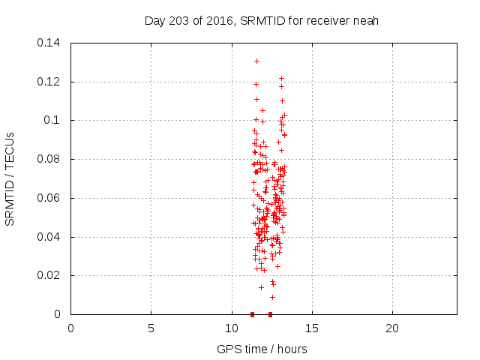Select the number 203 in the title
point(178,21)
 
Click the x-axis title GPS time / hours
point(262,349)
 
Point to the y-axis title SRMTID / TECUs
point(10,178)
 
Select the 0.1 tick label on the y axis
point(54,120)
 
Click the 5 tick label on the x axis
point(151,328)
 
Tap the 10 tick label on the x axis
point(231,328)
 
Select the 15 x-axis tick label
point(311,328)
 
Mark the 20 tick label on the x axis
point(391,328)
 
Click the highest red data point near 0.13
point(256,61)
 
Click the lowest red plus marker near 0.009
point(272,297)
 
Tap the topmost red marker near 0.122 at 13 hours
point(281,78)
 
